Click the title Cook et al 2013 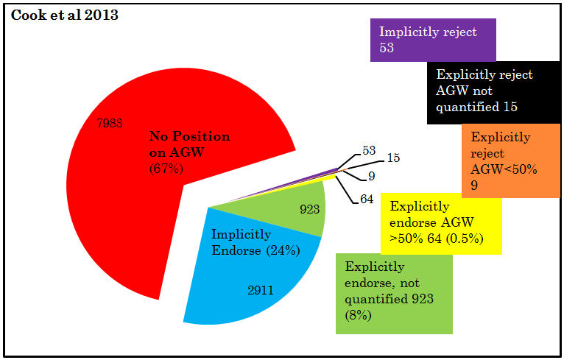point(65,15)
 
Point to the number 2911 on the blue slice point(261,290)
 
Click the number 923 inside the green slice point(310,209)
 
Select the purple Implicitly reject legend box point(432,40)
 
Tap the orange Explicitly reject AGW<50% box point(510,160)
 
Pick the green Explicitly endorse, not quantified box point(393,292)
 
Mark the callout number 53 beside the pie point(369,150)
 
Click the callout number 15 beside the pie point(394,158)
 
